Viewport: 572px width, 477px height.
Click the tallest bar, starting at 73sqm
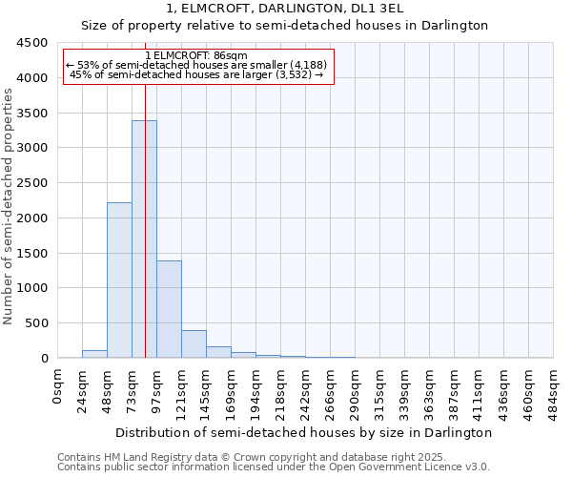tap(144, 238)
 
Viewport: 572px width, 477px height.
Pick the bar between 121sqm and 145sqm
tap(194, 344)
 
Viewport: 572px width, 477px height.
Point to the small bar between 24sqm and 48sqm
tap(94, 354)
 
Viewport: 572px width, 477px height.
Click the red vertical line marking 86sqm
tap(145, 191)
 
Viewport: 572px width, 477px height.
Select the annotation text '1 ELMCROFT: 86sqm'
tap(197, 56)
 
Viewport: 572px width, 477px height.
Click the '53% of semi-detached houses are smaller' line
tap(197, 66)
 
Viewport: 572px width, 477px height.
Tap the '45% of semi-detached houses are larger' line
tap(197, 75)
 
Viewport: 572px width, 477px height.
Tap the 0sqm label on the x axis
tap(58, 386)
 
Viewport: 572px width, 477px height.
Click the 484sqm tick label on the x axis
tap(554, 391)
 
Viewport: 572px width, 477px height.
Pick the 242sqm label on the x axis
tap(306, 391)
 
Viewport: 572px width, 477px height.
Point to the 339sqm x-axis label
tap(405, 391)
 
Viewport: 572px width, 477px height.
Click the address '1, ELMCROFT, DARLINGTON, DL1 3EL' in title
tap(285, 10)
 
